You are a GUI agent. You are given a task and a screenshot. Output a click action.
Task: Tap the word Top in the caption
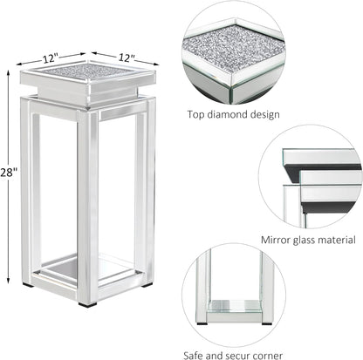pyautogui.click(x=197, y=114)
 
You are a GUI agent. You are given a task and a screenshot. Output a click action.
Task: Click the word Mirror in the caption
pyautogui.click(x=277, y=238)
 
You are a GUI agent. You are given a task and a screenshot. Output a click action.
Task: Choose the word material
pyautogui.click(x=345, y=238)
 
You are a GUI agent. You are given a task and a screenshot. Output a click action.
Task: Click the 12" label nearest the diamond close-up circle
pyautogui.click(x=127, y=58)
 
